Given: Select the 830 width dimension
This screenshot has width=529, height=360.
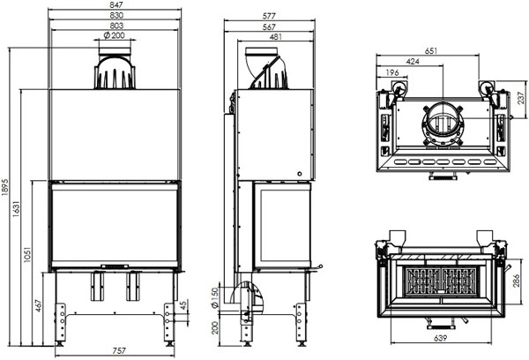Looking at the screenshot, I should click(115, 16).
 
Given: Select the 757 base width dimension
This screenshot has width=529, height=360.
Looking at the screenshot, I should click(115, 350).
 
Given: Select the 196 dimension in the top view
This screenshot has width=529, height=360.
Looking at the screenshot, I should click(391, 72).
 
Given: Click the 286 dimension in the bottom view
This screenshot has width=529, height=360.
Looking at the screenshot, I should click(517, 282).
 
